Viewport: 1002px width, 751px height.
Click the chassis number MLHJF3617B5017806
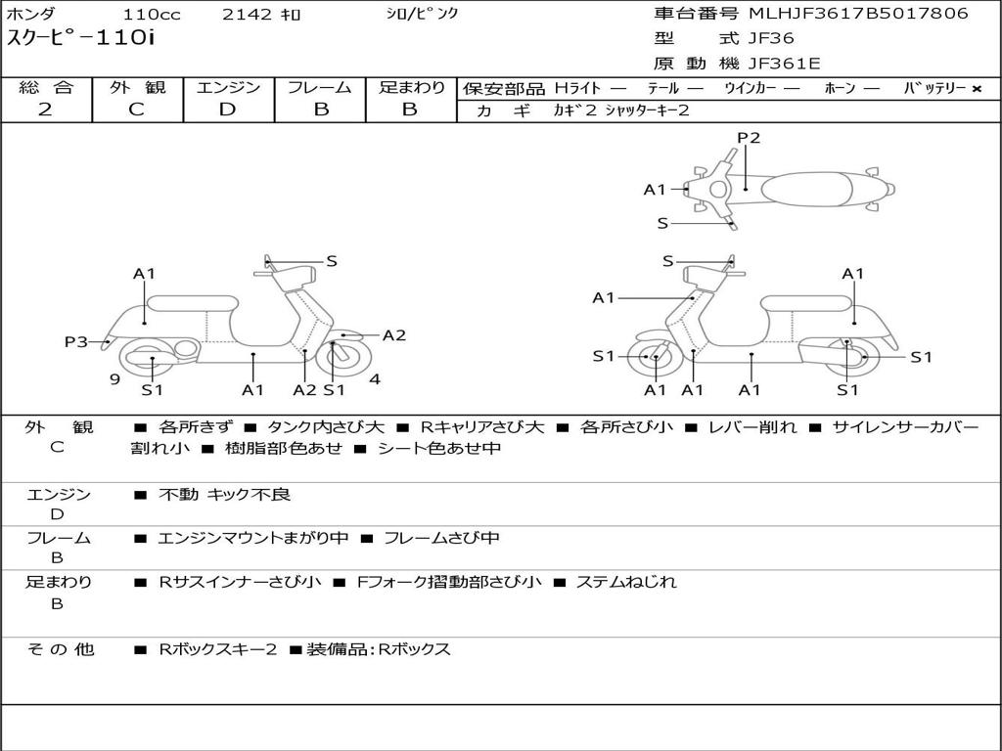click(859, 14)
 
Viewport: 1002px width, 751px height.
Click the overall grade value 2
click(45, 110)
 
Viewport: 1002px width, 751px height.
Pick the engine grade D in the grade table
click(227, 110)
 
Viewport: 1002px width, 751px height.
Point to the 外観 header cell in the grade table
click(137, 87)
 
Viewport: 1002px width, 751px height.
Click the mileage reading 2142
click(248, 14)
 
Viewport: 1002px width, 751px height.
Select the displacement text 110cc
click(152, 14)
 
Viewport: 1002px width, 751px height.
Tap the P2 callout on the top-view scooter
click(749, 137)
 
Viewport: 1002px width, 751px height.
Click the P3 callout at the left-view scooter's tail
click(75, 341)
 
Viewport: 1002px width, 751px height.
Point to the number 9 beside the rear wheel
click(115, 379)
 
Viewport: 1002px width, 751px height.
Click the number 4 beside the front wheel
click(375, 379)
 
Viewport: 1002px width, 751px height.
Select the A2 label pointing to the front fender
click(394, 335)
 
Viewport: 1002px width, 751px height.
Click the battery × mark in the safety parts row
click(977, 89)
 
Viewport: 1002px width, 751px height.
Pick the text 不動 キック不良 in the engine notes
click(224, 494)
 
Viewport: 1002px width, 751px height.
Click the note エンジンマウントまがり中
click(253, 538)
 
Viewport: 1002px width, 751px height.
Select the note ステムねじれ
click(626, 582)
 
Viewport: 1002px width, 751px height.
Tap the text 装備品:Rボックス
click(379, 649)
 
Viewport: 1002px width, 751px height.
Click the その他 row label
click(60, 649)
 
